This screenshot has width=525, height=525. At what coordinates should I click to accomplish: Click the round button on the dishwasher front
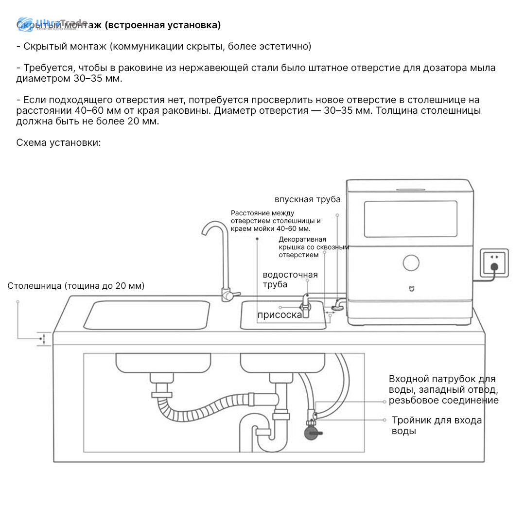click(411, 262)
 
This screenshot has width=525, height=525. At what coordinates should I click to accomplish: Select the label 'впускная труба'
click(307, 199)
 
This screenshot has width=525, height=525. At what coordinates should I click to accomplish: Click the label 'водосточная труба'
click(290, 280)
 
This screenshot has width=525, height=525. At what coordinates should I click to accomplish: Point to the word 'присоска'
click(280, 315)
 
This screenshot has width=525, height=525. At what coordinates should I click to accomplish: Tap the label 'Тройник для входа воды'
click(437, 425)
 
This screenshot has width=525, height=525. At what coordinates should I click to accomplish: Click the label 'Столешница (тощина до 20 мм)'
click(76, 286)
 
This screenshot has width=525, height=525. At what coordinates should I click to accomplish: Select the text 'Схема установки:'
click(58, 142)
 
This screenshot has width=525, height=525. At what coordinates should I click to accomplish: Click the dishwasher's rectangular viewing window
click(411, 220)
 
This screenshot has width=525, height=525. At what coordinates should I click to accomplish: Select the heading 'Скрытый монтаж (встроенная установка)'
click(119, 25)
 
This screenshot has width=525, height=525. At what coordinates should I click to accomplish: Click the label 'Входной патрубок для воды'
click(443, 389)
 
